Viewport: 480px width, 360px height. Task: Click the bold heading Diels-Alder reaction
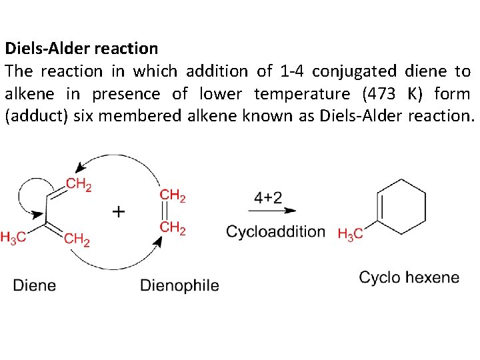[x=81, y=49]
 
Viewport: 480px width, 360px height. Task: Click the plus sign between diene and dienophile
[x=118, y=211]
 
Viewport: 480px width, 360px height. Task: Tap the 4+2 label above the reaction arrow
[x=268, y=197]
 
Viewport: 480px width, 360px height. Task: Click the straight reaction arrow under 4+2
[x=274, y=210]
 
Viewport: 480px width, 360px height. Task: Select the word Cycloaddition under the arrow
[x=275, y=232]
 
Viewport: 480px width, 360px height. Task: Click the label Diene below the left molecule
[x=35, y=285]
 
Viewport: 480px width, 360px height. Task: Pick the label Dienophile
[x=179, y=285]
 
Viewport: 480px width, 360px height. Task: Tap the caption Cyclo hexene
[x=409, y=277]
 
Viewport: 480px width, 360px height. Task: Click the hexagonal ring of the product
[x=401, y=207]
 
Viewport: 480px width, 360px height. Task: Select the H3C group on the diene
[x=13, y=237]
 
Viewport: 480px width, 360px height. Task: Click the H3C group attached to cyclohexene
[x=351, y=233]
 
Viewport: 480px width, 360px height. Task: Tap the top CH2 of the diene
[x=79, y=185]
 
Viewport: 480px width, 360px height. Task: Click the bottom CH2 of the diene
[x=77, y=239]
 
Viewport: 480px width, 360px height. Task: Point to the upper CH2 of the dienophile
[x=173, y=195]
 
